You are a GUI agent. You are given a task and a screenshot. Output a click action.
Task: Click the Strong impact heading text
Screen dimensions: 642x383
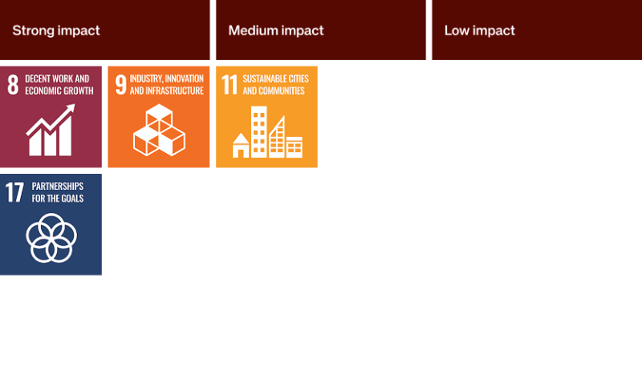pyautogui.click(x=56, y=30)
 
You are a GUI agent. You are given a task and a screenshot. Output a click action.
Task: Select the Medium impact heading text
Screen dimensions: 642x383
pyautogui.click(x=276, y=30)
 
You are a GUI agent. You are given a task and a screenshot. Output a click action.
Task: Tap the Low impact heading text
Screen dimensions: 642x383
pyautogui.click(x=479, y=30)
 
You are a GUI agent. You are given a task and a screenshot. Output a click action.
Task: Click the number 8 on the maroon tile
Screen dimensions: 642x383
pyautogui.click(x=13, y=84)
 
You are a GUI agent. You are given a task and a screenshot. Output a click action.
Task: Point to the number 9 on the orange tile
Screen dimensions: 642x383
pyautogui.click(x=121, y=84)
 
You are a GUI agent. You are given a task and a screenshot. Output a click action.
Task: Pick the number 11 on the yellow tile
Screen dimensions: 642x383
pyautogui.click(x=230, y=84)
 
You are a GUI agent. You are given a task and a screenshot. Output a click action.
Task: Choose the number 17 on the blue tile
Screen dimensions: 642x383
pyautogui.click(x=14, y=192)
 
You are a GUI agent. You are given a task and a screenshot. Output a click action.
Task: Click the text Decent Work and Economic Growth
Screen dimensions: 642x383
pyautogui.click(x=59, y=85)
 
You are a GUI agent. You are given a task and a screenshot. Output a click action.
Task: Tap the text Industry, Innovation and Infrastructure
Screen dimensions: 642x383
pyautogui.click(x=167, y=85)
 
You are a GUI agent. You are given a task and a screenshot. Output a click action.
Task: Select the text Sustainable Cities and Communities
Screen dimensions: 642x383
pyautogui.click(x=275, y=85)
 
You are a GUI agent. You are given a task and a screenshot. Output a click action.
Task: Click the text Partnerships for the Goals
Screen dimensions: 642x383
pyautogui.click(x=58, y=192)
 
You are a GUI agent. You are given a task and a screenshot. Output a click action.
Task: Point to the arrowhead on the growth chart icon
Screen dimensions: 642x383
pyautogui.click(x=70, y=109)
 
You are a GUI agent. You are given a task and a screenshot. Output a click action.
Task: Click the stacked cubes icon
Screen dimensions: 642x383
pyautogui.click(x=159, y=130)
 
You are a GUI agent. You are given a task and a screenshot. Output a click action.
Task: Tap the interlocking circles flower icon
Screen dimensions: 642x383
pyautogui.click(x=51, y=238)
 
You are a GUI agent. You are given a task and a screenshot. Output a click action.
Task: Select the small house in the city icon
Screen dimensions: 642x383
pyautogui.click(x=241, y=146)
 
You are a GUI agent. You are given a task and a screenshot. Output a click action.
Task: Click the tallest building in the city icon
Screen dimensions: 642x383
pyautogui.click(x=258, y=131)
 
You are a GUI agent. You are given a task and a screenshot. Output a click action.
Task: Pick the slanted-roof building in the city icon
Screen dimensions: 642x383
pyautogui.click(x=277, y=137)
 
